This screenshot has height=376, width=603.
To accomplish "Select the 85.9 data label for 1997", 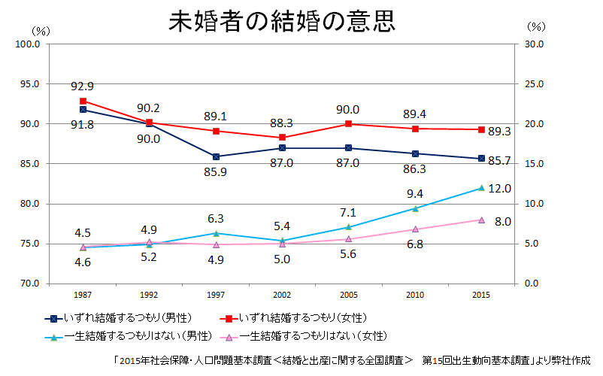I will coord(216,172).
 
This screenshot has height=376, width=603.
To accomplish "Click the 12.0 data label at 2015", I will coord(499,188).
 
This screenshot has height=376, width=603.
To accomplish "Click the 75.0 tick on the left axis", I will coord(29,244).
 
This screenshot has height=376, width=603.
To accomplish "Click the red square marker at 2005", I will coord(348,124).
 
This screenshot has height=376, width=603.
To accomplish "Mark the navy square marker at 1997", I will coord(216,156).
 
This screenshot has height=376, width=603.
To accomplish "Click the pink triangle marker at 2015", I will coord(481,220).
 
